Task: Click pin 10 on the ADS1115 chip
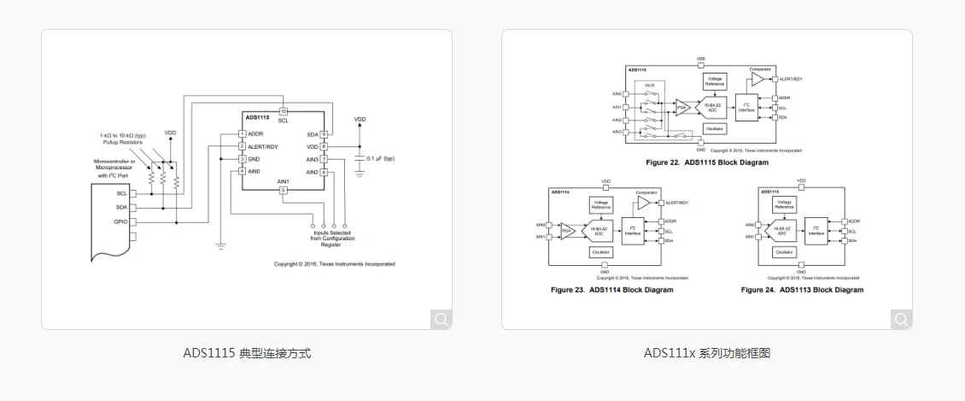284,112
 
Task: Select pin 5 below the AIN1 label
284,190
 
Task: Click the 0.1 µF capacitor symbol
359,159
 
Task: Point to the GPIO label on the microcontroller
120,221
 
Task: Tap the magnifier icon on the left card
441,319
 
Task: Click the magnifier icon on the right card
901,319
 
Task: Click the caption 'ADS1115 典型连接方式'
247,352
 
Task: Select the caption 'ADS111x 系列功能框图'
707,352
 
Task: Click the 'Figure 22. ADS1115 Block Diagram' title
707,162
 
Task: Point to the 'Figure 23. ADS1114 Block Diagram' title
611,290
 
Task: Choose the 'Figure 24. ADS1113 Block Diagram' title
802,290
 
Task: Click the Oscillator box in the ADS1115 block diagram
715,129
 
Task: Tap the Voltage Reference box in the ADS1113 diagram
783,205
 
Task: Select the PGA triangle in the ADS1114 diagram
566,230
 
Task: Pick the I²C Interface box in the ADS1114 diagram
632,230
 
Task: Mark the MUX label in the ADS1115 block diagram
650,86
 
